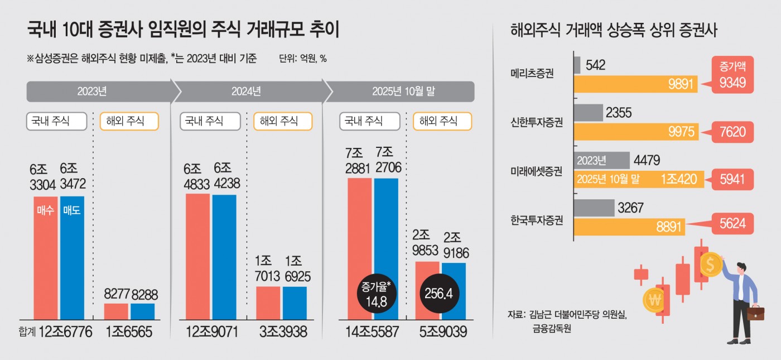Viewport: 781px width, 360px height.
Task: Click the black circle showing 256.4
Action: (x=441, y=293)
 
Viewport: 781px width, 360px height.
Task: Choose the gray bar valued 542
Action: (x=577, y=65)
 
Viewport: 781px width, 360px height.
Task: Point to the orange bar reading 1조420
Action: (x=638, y=180)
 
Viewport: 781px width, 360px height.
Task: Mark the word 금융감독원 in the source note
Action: (x=552, y=329)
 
